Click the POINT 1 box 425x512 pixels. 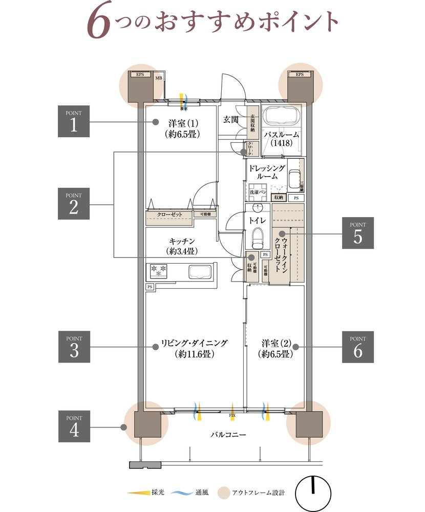coord(74,121)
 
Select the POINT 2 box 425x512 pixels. coord(74,204)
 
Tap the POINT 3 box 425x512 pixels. coord(74,347)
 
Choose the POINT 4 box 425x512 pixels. coord(74,426)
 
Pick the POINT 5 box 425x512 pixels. coord(358,233)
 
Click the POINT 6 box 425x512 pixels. coord(358,347)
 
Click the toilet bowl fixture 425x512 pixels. coord(258,236)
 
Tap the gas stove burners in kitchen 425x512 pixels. coord(159,270)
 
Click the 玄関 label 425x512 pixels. coord(231,120)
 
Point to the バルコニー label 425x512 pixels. coord(228,435)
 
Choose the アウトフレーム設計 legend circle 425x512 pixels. coord(222,493)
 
